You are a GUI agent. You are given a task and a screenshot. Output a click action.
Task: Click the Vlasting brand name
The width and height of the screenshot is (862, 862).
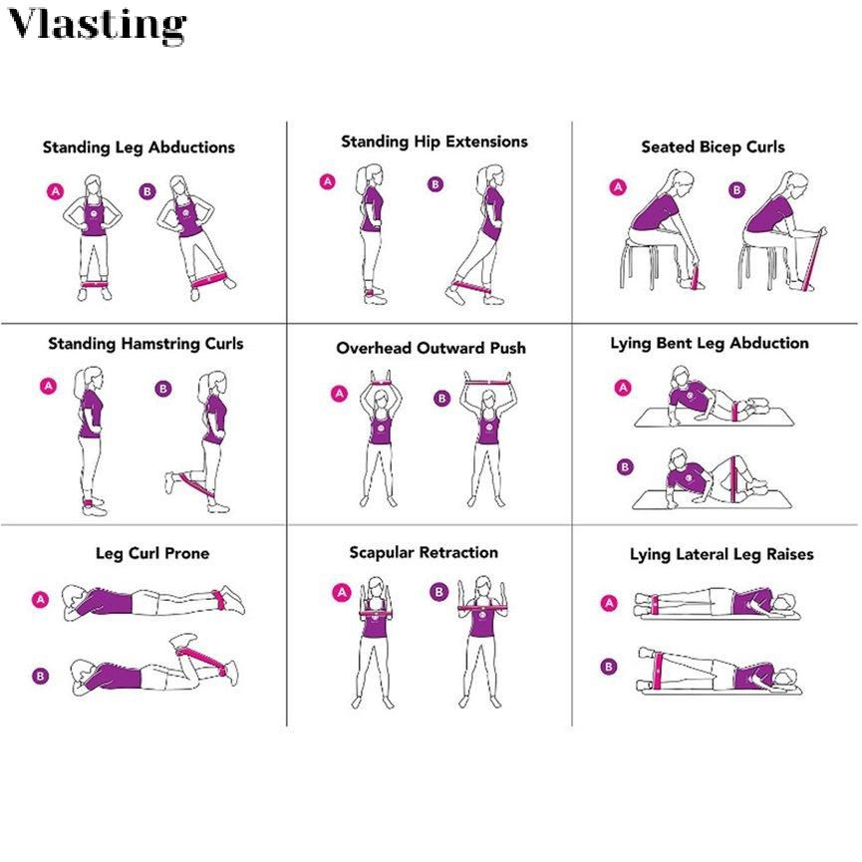tap(98, 24)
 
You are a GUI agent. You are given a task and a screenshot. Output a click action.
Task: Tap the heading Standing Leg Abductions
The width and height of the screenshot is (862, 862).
tap(139, 147)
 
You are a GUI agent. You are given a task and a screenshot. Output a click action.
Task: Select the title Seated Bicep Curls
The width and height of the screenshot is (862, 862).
tap(713, 146)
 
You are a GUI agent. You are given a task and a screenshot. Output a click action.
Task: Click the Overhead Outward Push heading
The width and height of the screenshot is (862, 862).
tap(431, 348)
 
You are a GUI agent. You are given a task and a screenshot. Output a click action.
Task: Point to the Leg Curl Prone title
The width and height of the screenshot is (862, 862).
tap(152, 553)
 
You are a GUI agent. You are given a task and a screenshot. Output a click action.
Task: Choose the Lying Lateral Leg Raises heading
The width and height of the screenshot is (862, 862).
tap(721, 554)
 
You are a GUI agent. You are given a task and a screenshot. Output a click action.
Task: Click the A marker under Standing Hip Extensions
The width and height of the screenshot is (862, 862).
tap(328, 181)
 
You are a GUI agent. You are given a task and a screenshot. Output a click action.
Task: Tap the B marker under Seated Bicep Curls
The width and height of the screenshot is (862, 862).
tap(736, 190)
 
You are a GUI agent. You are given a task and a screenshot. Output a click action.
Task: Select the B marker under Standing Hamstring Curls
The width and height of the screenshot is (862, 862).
tap(163, 389)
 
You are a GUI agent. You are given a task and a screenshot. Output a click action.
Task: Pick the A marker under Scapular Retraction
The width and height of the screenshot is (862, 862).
tap(342, 592)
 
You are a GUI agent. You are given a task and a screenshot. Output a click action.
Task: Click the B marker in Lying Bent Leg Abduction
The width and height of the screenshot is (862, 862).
tap(625, 467)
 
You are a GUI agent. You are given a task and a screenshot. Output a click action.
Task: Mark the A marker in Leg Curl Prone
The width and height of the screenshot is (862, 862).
tap(40, 599)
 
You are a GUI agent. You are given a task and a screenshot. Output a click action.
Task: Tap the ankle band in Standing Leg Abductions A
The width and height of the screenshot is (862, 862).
tap(94, 285)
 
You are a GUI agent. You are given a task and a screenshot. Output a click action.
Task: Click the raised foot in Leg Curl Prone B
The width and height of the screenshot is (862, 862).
tap(183, 640)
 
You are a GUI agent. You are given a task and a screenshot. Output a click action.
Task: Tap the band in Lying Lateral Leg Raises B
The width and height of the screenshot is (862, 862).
tap(657, 671)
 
